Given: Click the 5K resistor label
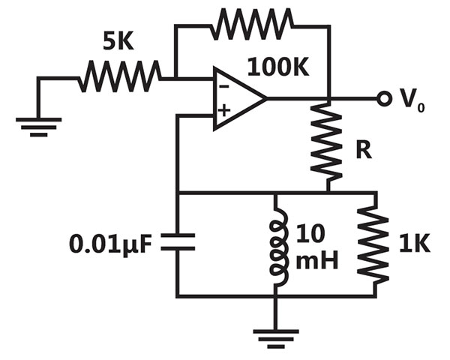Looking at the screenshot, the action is (118, 42).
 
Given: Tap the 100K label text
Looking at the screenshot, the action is (278, 67).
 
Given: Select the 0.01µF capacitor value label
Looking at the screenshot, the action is (110, 244).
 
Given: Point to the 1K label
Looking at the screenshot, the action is (415, 244).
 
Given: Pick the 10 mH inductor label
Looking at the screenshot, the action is (316, 247).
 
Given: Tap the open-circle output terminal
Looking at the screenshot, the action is (384, 99).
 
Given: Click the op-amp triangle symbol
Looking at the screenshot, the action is (240, 99).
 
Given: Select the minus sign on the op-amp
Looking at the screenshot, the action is (225, 86).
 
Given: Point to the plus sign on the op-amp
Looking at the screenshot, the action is (224, 110).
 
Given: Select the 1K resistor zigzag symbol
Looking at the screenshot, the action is (373, 244).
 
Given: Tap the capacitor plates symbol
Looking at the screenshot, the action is (178, 242).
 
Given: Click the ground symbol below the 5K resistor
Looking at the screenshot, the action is (39, 127).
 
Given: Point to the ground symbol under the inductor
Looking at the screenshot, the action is (276, 339).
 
